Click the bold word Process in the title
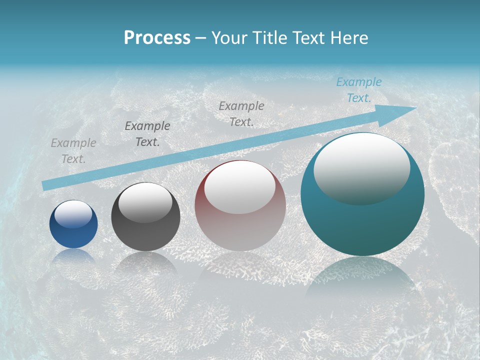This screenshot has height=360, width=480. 157,38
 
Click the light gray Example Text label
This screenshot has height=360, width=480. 73,151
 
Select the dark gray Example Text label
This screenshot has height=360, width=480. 147,134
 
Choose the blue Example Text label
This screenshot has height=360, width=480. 359,90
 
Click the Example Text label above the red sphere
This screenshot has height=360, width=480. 241,113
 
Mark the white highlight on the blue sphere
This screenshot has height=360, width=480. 73,215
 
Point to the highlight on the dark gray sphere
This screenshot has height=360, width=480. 145,202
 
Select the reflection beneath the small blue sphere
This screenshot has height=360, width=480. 73,256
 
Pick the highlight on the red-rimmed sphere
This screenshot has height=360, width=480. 240,187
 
